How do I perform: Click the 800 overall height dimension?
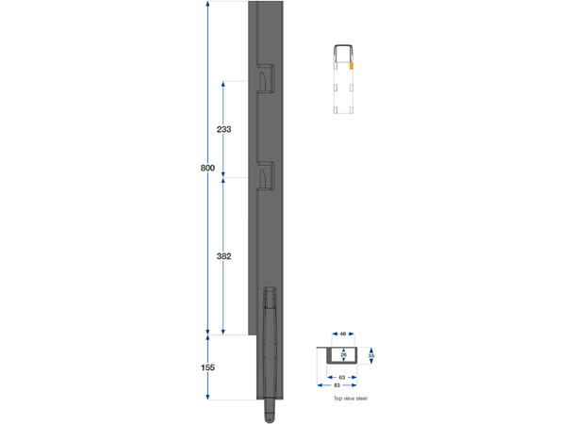[x=207, y=169]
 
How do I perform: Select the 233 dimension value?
[x=223, y=128]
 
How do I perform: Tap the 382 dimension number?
[x=223, y=256]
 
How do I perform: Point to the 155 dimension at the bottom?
[x=207, y=368]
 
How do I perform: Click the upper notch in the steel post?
[x=266, y=79]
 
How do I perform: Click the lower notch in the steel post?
[x=266, y=175]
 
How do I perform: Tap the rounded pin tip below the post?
[x=270, y=414]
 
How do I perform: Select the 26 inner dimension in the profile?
[x=344, y=355]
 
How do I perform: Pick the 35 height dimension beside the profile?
[x=372, y=356]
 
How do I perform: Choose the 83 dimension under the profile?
[x=338, y=385]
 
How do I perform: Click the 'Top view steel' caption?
[x=350, y=399]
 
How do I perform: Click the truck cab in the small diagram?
[x=345, y=53]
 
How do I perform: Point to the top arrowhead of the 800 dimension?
[x=207, y=6]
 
